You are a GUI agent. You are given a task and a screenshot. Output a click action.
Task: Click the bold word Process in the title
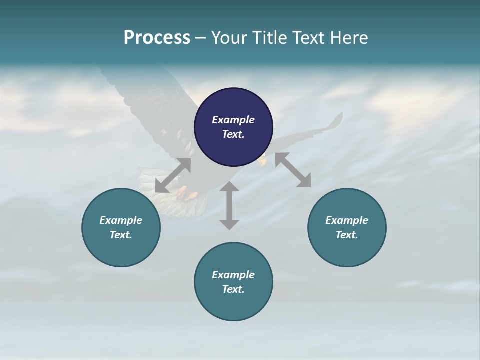(x=157, y=38)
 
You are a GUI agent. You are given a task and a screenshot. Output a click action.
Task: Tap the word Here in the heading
(x=350, y=38)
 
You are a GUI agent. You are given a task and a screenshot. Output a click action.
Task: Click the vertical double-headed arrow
(x=229, y=205)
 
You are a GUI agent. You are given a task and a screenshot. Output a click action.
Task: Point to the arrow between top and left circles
(x=173, y=175)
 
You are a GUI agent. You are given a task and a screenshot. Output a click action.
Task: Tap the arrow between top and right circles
(x=293, y=170)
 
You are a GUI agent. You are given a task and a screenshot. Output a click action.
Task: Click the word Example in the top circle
(x=233, y=120)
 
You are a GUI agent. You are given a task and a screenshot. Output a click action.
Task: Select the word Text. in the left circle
(x=121, y=235)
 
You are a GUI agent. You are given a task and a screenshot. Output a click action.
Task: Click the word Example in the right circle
(x=347, y=220)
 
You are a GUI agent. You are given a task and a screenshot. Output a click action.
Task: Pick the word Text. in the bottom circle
(x=233, y=289)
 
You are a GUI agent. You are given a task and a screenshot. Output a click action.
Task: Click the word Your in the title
(x=229, y=38)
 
